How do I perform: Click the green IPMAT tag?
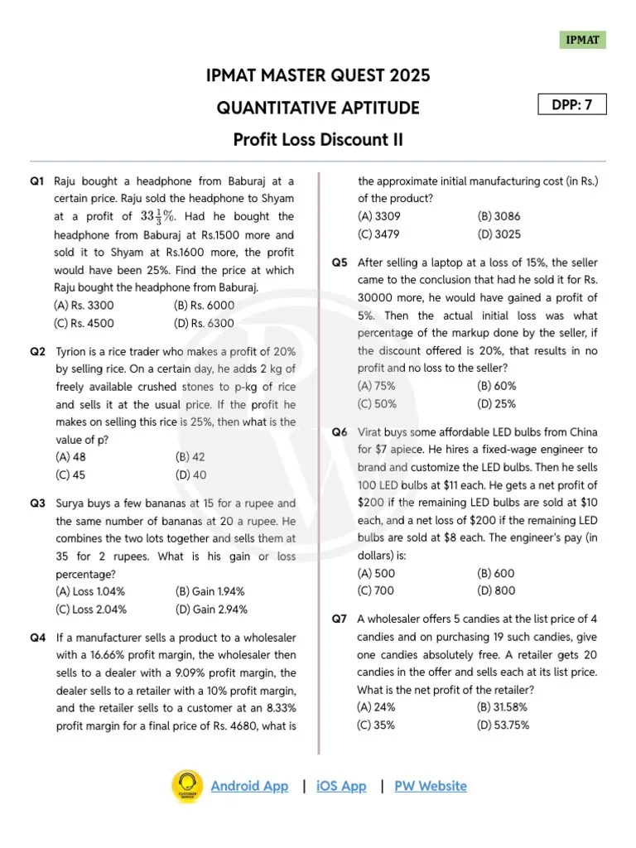pos(582,40)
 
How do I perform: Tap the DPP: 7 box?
pos(571,104)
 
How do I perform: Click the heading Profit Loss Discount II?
pos(318,139)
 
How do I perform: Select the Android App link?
pos(249,786)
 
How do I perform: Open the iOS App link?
pos(341,786)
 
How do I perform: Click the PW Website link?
pos(431,786)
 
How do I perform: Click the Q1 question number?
pos(36,181)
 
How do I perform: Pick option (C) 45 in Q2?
pos(74,475)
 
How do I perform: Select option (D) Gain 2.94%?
pos(211,609)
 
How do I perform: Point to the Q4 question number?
pos(37,638)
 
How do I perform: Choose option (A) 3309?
pos(378,216)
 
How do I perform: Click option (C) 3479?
pos(378,234)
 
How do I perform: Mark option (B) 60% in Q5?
pos(497,386)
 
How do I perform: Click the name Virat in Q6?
pos(372,432)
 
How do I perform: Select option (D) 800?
pos(496,590)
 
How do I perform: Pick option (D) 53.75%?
pos(503,725)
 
